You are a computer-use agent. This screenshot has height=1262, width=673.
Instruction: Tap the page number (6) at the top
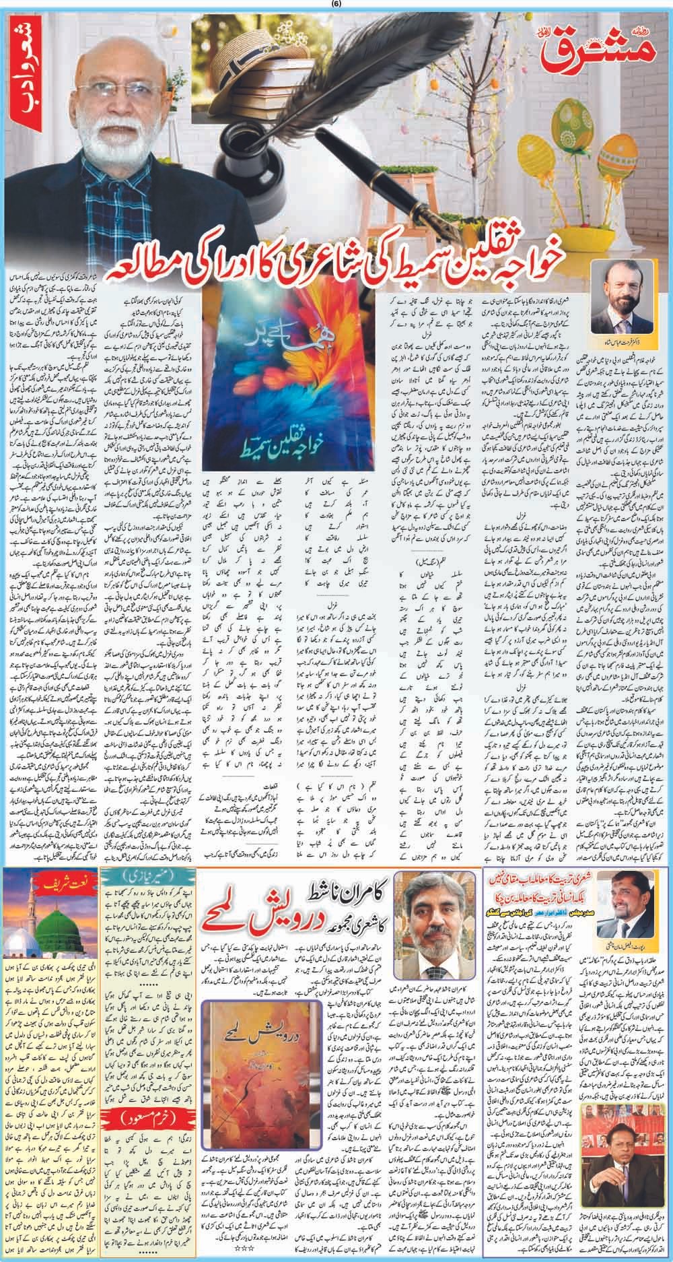336,5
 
